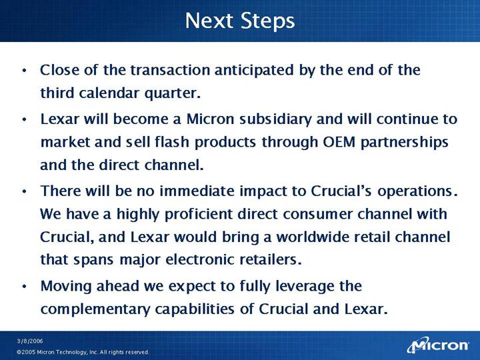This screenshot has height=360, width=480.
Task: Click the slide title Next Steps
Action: point(240,21)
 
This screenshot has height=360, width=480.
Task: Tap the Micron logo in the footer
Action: point(438,345)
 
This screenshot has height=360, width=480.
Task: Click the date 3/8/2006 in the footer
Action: point(30,341)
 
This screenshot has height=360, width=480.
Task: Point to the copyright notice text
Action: point(83,352)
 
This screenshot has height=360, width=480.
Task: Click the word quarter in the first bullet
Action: point(173,94)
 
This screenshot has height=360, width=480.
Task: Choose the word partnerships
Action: point(405,143)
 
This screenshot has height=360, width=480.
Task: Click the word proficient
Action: point(199,214)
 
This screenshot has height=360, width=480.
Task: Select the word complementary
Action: point(95,309)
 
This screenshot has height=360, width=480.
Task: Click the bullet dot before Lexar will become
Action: point(25,120)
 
